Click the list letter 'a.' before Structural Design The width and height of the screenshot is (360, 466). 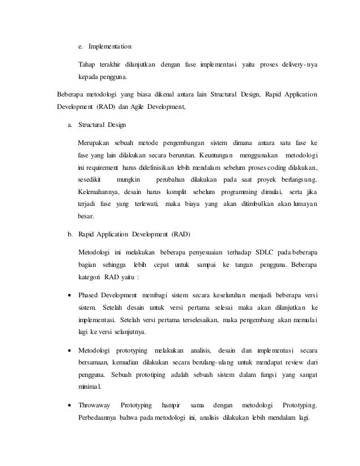(x=69, y=124)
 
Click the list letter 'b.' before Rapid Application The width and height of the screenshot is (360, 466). (x=69, y=233)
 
